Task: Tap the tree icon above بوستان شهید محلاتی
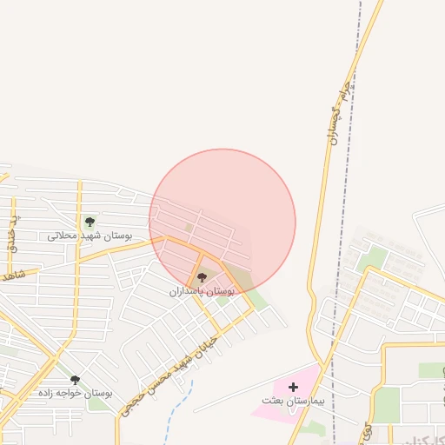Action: tap(89, 223)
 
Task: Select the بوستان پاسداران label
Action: tap(202, 291)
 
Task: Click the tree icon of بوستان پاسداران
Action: tap(203, 277)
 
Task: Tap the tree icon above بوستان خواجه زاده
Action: tap(75, 380)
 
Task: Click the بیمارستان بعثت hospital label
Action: tap(292, 401)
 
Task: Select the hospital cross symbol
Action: tap(292, 386)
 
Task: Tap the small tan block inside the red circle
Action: tap(189, 228)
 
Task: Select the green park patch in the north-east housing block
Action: tap(375, 257)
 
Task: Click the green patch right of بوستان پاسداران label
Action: tap(223, 301)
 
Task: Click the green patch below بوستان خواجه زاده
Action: tap(96, 404)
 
